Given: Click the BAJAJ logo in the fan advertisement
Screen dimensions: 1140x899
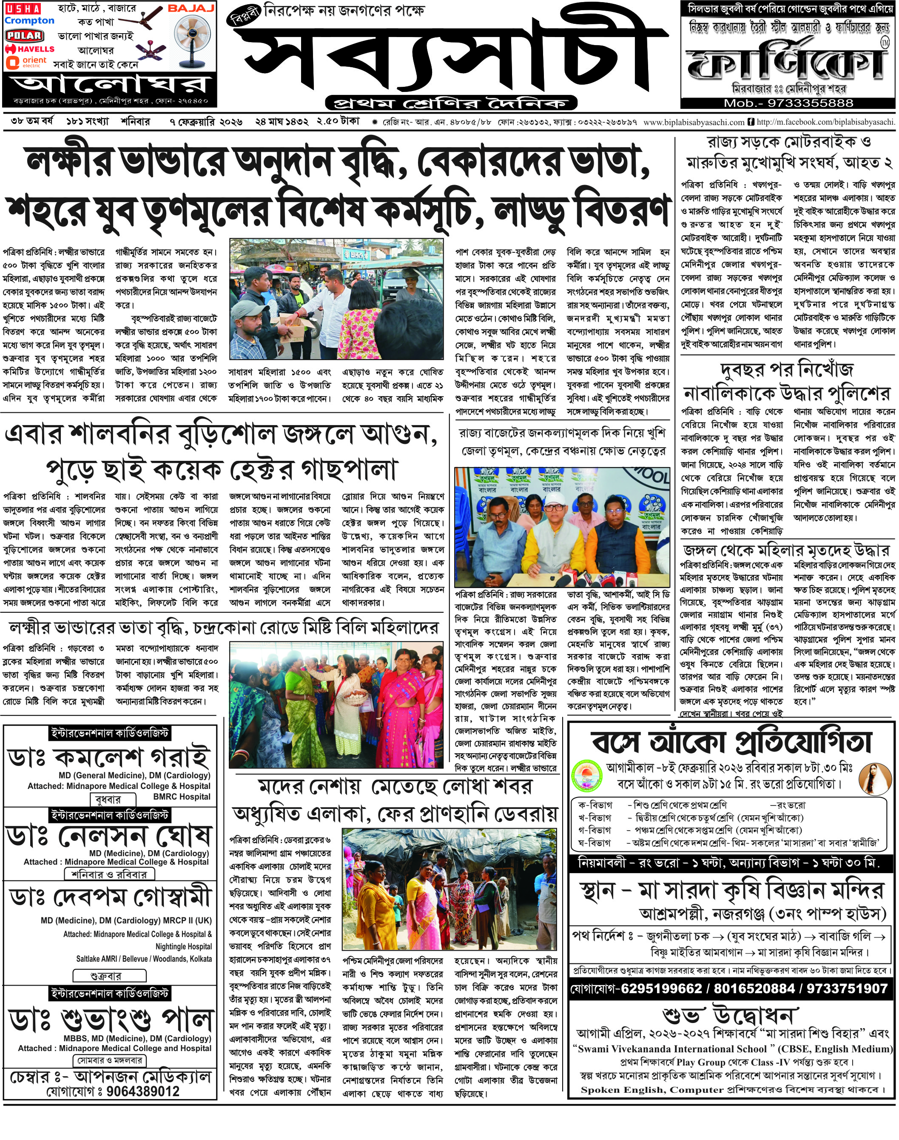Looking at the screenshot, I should [x=191, y=9].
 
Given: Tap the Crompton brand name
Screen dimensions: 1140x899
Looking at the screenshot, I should [x=29, y=21].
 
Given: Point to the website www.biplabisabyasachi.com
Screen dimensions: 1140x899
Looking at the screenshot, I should [x=693, y=122].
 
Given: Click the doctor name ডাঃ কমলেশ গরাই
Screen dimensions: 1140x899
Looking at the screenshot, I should [x=109, y=758].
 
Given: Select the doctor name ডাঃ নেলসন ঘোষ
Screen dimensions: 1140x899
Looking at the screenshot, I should [x=109, y=836].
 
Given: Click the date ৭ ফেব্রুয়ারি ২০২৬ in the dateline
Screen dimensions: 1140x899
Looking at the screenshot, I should [x=206, y=122].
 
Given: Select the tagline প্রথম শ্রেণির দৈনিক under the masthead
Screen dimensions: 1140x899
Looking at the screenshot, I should [x=450, y=102].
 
